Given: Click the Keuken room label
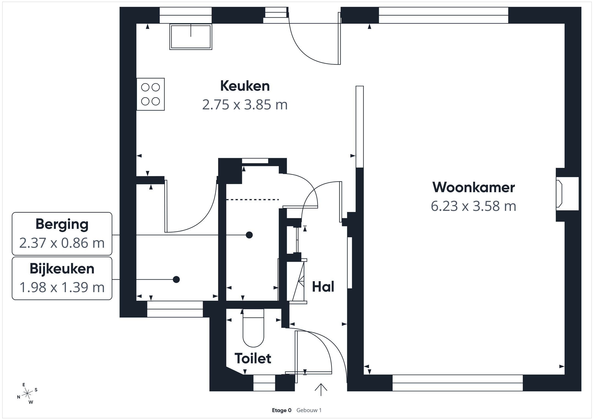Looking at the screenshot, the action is [245, 86].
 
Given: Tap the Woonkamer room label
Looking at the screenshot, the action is [474, 187].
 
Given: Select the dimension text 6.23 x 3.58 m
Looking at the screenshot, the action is [474, 206].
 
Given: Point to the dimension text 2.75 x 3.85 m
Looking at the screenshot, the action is [245, 105].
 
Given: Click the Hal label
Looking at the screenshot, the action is [323, 287].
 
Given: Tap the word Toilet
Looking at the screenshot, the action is [253, 358].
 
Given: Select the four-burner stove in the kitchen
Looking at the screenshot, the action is [150, 94].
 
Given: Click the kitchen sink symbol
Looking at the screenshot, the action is [191, 37].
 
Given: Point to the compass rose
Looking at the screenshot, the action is [27, 394].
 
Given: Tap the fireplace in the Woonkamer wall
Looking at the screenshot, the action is [567, 194].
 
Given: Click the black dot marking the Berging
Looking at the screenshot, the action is [249, 235].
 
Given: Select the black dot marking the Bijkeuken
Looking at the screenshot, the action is [176, 280].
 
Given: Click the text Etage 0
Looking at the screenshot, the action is [282, 410].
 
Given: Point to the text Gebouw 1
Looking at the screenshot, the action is [309, 410].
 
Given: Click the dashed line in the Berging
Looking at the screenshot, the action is [252, 200].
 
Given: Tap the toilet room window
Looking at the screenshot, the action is [264, 383].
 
